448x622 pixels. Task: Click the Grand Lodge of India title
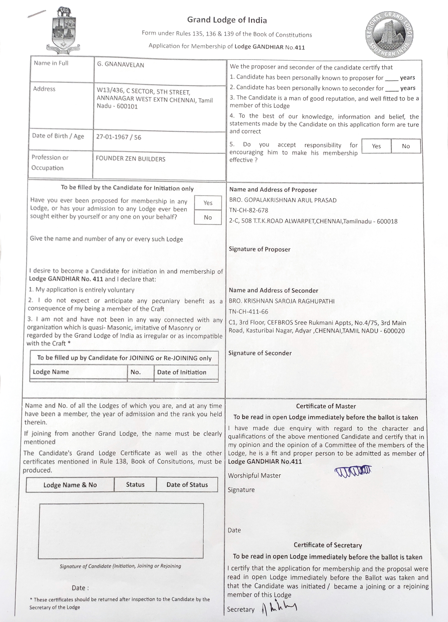click(x=227, y=20)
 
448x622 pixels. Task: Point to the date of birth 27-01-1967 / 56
click(x=118, y=137)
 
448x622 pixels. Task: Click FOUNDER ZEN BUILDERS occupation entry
click(x=131, y=159)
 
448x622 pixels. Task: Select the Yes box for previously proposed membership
click(x=208, y=203)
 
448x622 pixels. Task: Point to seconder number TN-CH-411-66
click(x=248, y=311)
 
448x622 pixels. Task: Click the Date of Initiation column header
click(x=181, y=372)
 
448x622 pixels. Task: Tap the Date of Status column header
click(x=187, y=485)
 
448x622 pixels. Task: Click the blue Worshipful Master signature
click(x=353, y=471)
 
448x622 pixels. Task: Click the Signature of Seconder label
click(x=260, y=353)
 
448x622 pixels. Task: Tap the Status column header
click(x=135, y=485)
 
